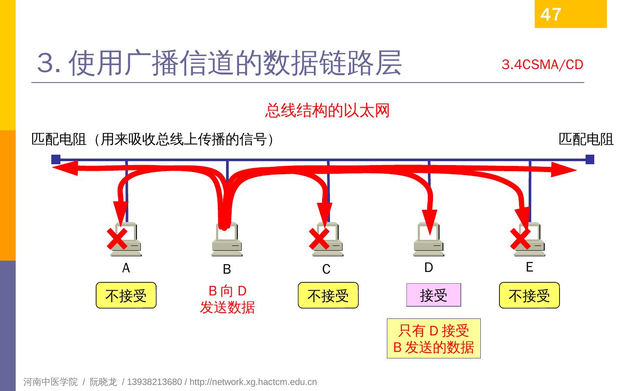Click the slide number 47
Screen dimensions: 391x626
(x=551, y=14)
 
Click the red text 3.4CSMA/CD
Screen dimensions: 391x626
(x=542, y=65)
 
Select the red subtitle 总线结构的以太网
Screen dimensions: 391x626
(x=327, y=110)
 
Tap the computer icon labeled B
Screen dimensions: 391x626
(x=226, y=240)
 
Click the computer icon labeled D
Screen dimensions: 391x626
(x=428, y=240)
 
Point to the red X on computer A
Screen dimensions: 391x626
(x=117, y=239)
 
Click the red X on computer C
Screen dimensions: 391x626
(x=319, y=239)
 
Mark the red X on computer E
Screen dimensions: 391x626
(x=520, y=239)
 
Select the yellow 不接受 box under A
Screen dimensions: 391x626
(x=126, y=295)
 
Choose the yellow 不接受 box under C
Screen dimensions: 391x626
(x=328, y=295)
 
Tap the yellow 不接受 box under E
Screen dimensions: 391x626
(x=529, y=295)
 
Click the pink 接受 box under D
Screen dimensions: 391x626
(x=433, y=295)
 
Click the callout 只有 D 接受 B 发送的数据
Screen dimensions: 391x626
(x=433, y=338)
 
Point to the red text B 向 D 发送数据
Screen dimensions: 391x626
(x=227, y=299)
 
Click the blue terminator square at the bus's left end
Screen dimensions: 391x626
(x=56, y=159)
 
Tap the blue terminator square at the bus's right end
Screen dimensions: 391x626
(x=589, y=159)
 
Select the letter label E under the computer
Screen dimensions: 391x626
(x=529, y=267)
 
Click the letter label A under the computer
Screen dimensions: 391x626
(x=126, y=268)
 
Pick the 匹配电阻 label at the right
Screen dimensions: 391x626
(x=586, y=139)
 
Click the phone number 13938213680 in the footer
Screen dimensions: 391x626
(x=154, y=382)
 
